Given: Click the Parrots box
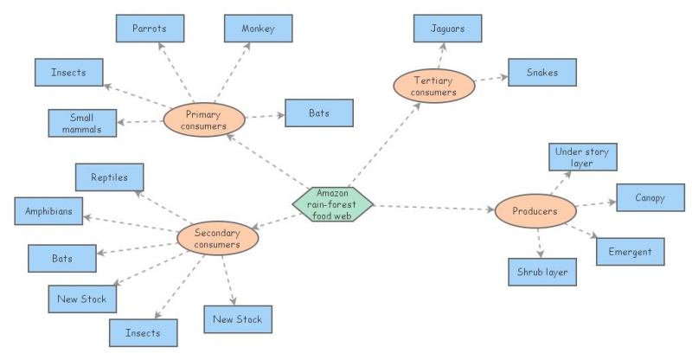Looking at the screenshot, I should point(150,29).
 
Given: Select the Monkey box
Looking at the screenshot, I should point(258,29).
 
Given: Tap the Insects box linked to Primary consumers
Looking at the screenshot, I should point(68,73).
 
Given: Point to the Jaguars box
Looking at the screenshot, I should point(447,29).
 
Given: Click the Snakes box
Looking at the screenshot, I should point(541,73).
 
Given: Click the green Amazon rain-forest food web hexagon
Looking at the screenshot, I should point(332,203).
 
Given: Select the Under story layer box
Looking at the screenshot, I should point(582,157).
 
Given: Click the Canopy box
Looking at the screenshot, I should point(650,197).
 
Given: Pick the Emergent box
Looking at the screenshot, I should point(630,252).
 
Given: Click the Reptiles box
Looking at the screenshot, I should point(109,177).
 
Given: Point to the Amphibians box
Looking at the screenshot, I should point(48,210).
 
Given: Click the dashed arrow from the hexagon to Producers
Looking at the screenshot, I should point(432,208).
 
